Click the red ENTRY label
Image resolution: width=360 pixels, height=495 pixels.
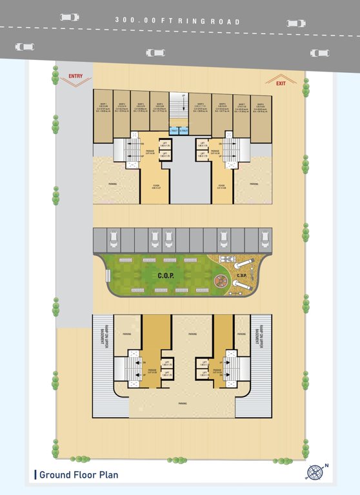[x=75, y=77]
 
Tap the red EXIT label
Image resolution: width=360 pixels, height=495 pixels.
[x=281, y=84]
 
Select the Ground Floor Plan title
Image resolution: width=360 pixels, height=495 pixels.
[x=78, y=476]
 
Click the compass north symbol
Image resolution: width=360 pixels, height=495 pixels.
[x=314, y=472]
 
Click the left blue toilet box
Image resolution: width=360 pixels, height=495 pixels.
[x=174, y=131]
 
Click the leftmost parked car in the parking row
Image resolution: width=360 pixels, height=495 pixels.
[x=112, y=240]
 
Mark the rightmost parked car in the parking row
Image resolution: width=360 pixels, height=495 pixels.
[x=264, y=240]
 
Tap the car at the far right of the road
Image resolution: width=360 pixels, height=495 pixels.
[x=319, y=53]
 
